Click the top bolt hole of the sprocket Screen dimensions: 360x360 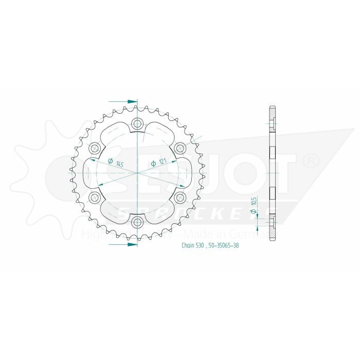pos(137,123)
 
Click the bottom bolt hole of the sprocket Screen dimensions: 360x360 pos(137,222)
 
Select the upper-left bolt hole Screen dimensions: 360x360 pos(95,148)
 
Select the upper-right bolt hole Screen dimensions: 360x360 pos(180,148)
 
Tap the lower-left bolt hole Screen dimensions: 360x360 pos(95,197)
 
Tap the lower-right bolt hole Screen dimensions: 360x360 pos(180,197)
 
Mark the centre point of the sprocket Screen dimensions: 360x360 pos(137,173)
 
